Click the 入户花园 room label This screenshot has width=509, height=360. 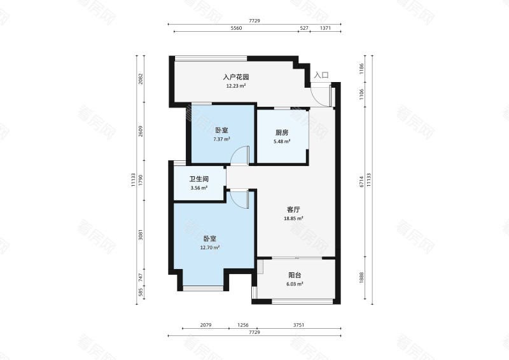(236, 77)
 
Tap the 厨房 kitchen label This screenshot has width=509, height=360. (282, 132)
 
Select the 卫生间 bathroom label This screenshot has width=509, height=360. (199, 179)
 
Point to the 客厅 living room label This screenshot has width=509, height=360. (293, 209)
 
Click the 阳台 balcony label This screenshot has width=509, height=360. (295, 275)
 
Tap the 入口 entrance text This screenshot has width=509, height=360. (321, 75)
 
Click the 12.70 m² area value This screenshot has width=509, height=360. (210, 247)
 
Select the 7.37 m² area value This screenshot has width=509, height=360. (221, 139)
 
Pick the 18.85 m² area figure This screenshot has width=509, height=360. (293, 218)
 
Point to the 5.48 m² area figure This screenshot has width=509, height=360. (282, 142)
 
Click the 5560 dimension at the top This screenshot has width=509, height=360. (236, 28)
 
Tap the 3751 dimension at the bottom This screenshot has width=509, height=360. (298, 324)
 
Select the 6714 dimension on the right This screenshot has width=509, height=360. (361, 182)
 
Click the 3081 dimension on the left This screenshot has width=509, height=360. (141, 235)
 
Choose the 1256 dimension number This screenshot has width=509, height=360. (243, 324)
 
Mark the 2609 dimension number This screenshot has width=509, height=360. (141, 131)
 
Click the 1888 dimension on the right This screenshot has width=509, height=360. (361, 277)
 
